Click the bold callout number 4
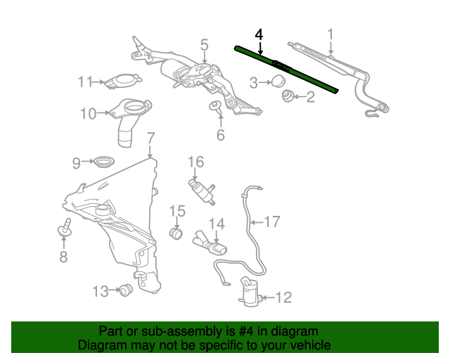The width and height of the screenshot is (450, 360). (x=259, y=34)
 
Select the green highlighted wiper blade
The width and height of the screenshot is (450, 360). (x=286, y=69)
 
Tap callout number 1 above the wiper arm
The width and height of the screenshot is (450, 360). (x=331, y=34)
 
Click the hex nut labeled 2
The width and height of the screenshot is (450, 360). (x=287, y=96)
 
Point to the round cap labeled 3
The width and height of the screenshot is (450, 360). (x=278, y=81)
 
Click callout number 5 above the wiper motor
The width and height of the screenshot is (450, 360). (x=204, y=45)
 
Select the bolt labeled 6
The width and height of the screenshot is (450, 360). (x=215, y=106)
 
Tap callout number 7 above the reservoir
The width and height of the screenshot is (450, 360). (x=150, y=138)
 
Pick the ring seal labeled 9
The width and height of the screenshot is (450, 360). (x=104, y=162)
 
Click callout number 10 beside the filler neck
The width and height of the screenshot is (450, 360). (x=88, y=113)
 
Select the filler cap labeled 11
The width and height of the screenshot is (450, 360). (x=122, y=81)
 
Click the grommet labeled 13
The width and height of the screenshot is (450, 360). (x=125, y=290)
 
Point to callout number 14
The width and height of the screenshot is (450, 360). (x=217, y=224)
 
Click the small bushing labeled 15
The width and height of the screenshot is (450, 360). (x=176, y=233)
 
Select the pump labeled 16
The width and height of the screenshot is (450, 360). (x=202, y=191)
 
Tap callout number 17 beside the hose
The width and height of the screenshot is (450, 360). (x=272, y=221)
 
